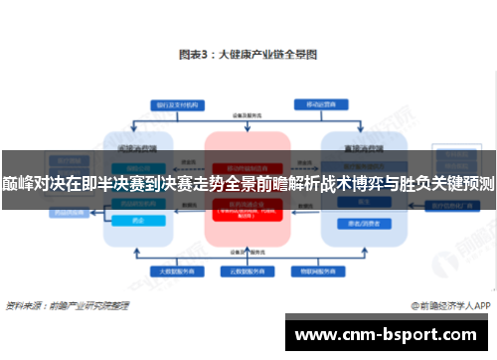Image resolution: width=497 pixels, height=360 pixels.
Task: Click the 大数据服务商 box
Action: coord(171,270)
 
